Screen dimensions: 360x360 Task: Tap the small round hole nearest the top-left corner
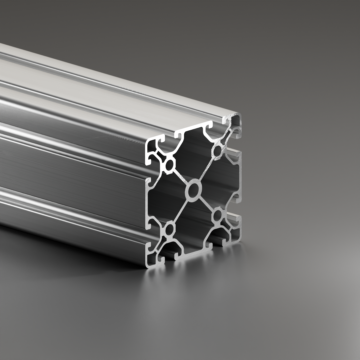point(170,165)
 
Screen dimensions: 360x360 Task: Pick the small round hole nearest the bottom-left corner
point(170,229)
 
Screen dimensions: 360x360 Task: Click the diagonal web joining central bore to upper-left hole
point(180,176)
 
